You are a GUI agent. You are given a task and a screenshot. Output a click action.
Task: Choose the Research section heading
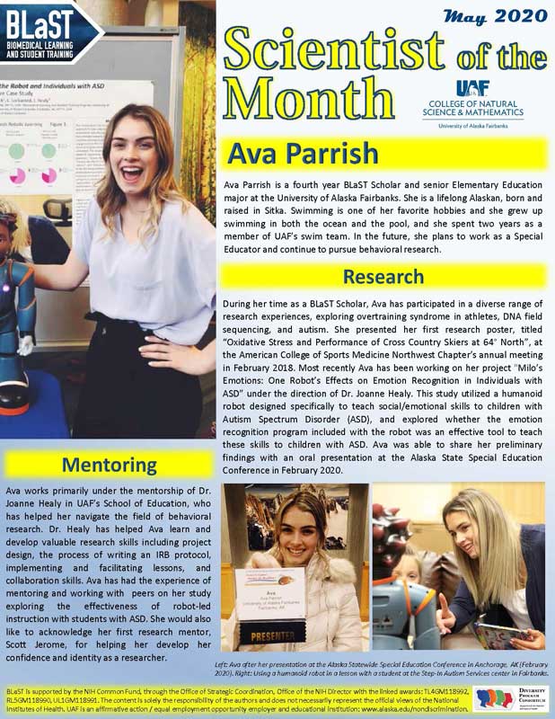383,275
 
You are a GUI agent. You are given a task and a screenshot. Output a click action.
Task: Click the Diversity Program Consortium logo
510,698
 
